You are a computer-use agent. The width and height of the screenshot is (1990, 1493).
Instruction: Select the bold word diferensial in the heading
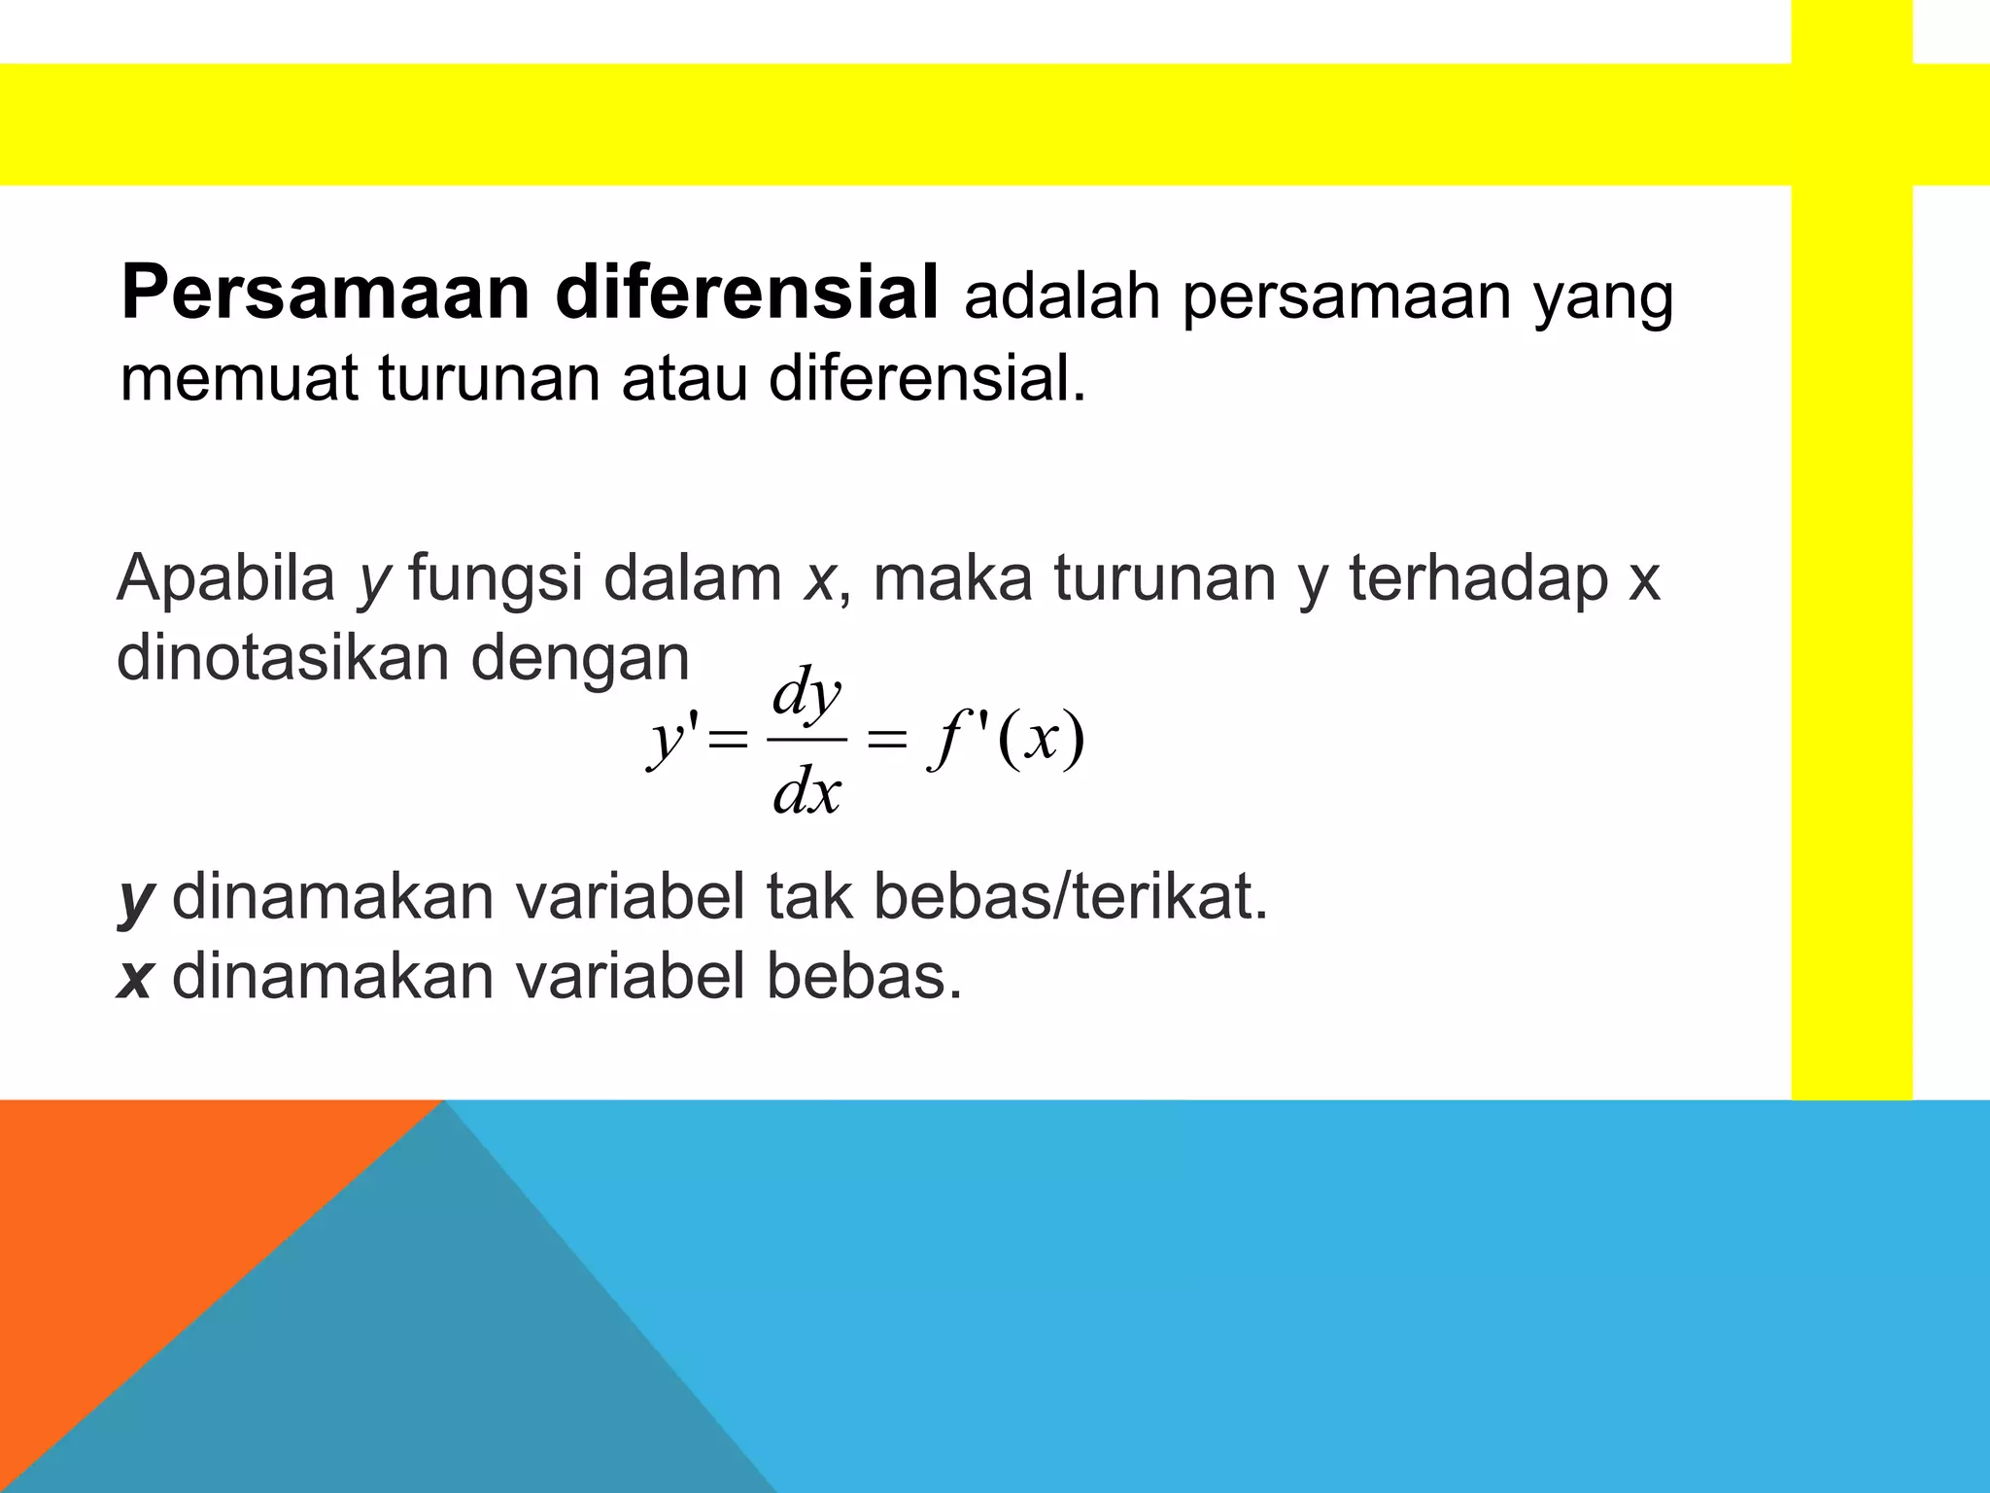(746, 294)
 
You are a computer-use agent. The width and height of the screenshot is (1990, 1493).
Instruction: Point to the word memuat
(239, 378)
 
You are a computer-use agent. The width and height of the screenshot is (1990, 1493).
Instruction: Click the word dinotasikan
(283, 658)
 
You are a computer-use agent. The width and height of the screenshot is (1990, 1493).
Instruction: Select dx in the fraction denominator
(806, 792)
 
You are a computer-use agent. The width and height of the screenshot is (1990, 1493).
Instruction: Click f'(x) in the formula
(1006, 741)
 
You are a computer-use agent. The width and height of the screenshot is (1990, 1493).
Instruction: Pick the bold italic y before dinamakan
(136, 899)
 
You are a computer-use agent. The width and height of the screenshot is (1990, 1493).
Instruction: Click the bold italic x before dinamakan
(134, 977)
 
